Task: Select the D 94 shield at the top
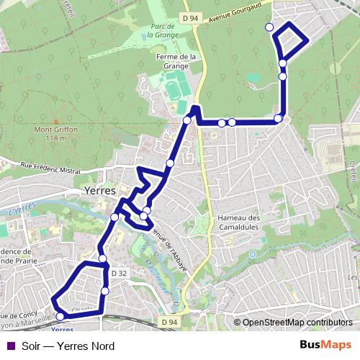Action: coord(190,18)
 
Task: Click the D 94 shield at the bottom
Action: coord(168,322)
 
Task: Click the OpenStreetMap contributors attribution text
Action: coord(297,322)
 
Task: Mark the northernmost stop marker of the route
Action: coord(269,27)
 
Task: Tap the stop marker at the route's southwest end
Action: coord(60,315)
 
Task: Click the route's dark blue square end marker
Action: coord(195,109)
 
